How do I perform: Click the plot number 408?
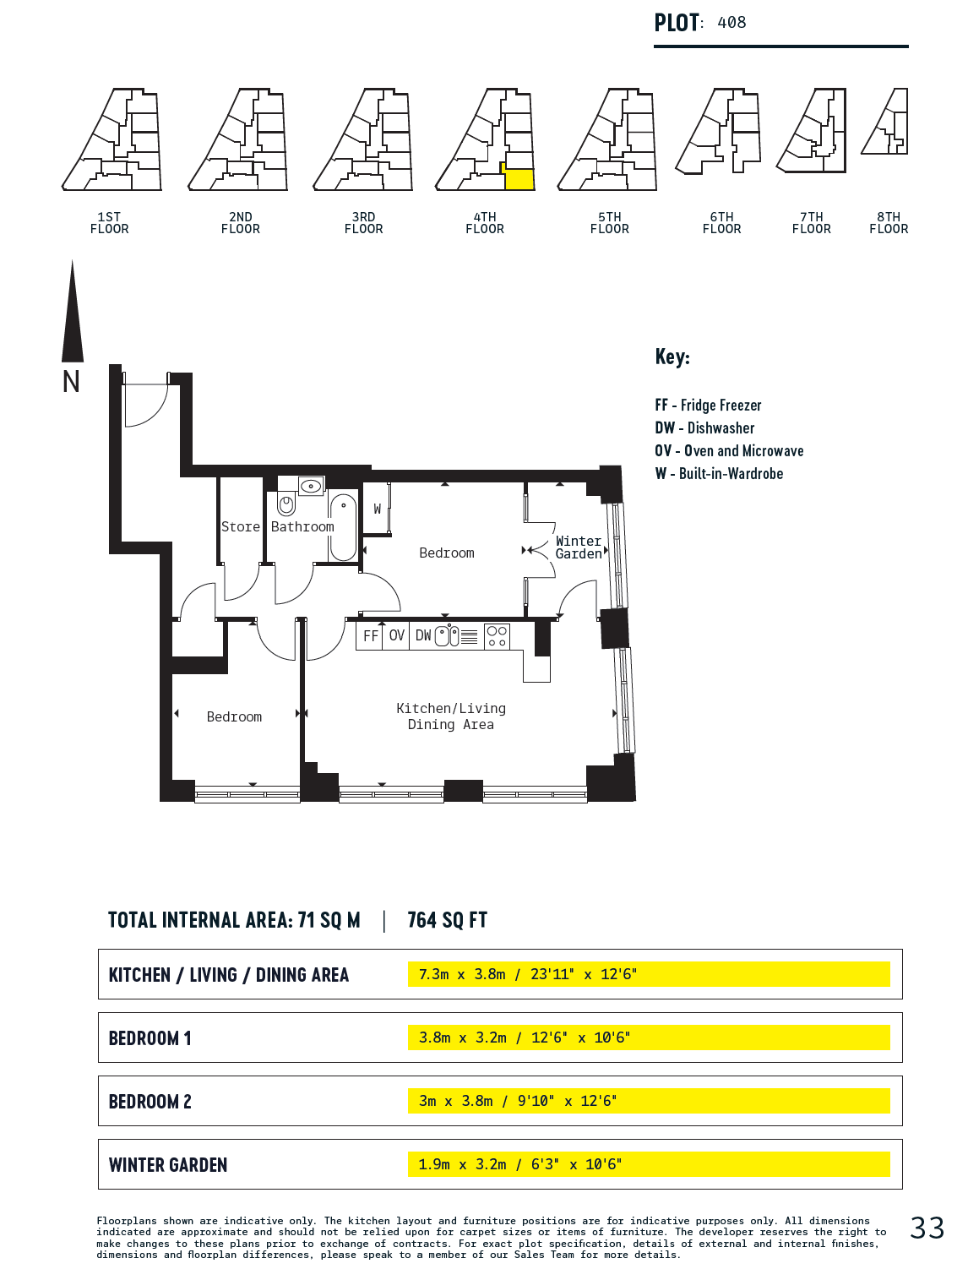click(x=731, y=23)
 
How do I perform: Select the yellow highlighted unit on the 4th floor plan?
click(x=519, y=178)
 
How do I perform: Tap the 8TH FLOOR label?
click(x=889, y=222)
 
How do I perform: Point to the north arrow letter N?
click(x=71, y=382)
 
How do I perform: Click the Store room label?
click(x=241, y=526)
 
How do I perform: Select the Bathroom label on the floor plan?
click(x=302, y=526)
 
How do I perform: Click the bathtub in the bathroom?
click(x=343, y=526)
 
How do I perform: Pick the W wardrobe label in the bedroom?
click(x=377, y=509)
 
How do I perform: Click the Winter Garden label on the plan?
click(x=578, y=547)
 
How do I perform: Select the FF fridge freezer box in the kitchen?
click(x=369, y=635)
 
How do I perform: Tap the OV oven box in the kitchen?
click(x=396, y=635)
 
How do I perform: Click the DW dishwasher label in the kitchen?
click(x=423, y=635)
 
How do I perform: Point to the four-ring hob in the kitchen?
click(x=497, y=636)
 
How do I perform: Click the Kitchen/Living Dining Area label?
click(x=451, y=716)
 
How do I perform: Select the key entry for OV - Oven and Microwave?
click(x=729, y=451)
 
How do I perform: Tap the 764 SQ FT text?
click(x=448, y=920)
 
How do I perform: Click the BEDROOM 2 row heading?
click(x=150, y=1102)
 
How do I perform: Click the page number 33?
click(x=927, y=1228)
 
